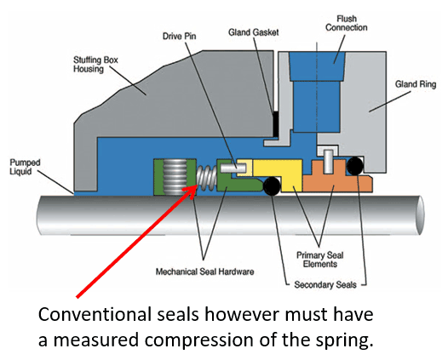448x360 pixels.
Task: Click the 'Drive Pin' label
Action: [x=179, y=37]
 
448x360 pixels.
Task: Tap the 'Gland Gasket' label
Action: [x=254, y=32]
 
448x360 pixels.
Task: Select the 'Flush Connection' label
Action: [x=347, y=23]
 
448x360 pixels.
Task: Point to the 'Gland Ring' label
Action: [x=416, y=84]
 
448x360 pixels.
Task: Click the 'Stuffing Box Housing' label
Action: [x=95, y=64]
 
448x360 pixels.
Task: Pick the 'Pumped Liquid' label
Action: [x=25, y=167]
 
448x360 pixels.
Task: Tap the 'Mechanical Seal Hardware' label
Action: [x=204, y=271]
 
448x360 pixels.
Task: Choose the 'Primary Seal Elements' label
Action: [x=319, y=260]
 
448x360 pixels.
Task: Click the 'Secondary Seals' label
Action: [x=325, y=284]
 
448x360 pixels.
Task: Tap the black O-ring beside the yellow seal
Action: [x=272, y=186]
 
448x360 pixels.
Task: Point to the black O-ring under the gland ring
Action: [x=355, y=166]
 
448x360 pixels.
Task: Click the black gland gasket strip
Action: [x=276, y=124]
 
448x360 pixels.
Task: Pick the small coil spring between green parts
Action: [x=206, y=178]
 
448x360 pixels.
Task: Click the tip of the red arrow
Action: [x=197, y=186]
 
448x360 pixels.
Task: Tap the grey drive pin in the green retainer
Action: [x=233, y=168]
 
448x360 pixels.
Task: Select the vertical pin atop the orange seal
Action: [x=328, y=162]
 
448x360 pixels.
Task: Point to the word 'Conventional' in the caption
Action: [x=95, y=314]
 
